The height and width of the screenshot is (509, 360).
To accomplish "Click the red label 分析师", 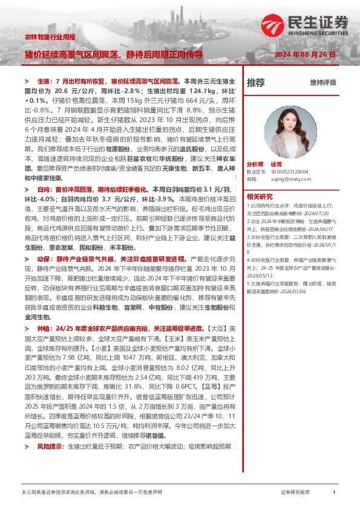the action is click(x=256, y=164).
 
